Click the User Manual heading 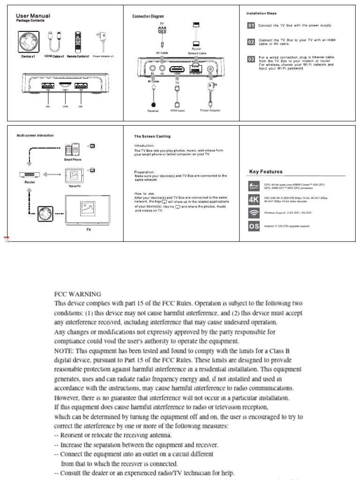point(33,16)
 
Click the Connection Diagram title point(148,16)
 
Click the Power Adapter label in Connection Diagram point(210,111)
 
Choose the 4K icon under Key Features point(253,200)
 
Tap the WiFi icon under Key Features point(253,213)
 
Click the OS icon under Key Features point(253,226)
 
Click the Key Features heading point(266,172)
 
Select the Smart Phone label point(73,159)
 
